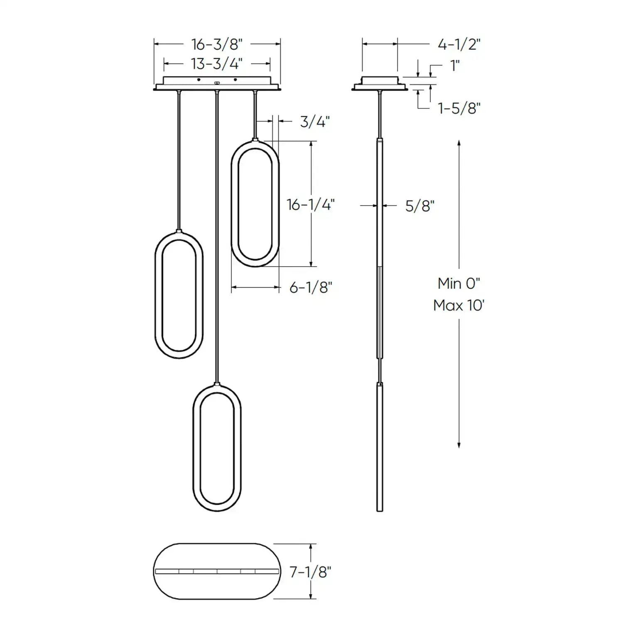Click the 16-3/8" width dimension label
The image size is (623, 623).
coord(216,44)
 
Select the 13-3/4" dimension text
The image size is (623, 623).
coord(216,64)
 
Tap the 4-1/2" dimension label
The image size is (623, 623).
coord(459,44)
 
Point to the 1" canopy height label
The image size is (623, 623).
coord(455,66)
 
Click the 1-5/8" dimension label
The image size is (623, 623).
coord(459,108)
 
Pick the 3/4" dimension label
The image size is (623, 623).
coord(315,122)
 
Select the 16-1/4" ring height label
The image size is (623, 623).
coord(311,204)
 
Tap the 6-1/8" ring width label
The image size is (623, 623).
coord(311,287)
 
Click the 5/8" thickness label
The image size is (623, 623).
coord(419,206)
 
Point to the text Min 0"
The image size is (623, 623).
coord(459,284)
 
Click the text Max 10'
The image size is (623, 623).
coord(459,306)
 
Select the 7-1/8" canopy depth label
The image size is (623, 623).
coord(311,572)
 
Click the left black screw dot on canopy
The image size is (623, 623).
coord(199,79)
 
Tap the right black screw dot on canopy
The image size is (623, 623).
coord(235,79)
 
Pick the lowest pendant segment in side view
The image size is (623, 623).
coord(380,446)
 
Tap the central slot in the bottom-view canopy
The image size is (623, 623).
coord(216,571)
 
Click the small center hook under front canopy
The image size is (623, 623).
coord(216,83)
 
